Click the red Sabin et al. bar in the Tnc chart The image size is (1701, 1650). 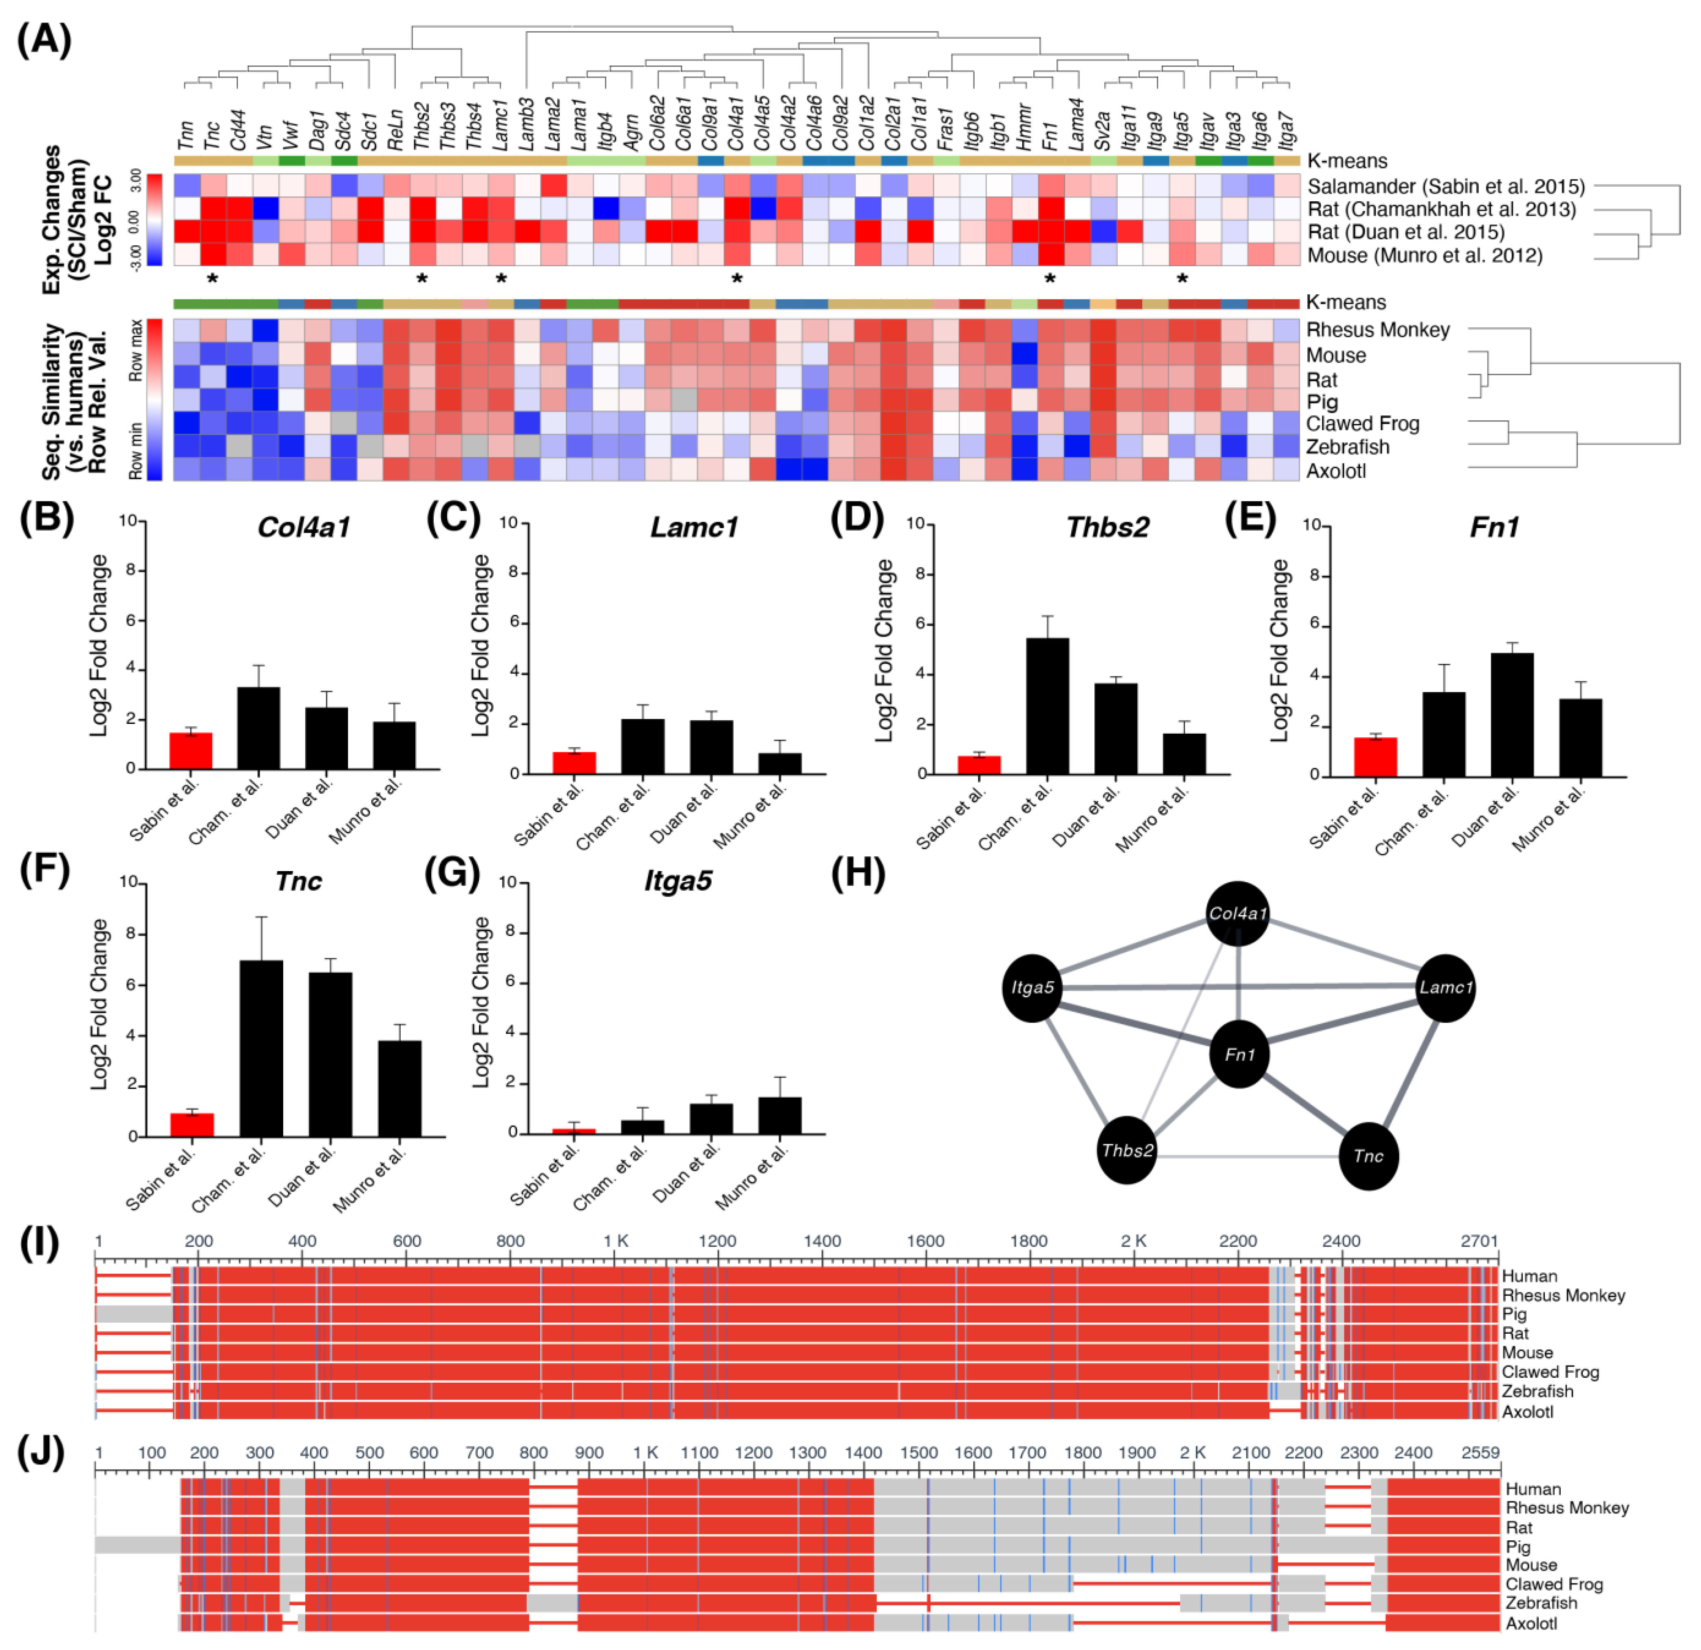192,1125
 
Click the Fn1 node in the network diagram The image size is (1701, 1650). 1239,1054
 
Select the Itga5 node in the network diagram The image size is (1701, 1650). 1032,988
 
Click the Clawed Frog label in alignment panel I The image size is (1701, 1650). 1550,1371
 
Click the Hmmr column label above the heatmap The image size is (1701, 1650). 1024,130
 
